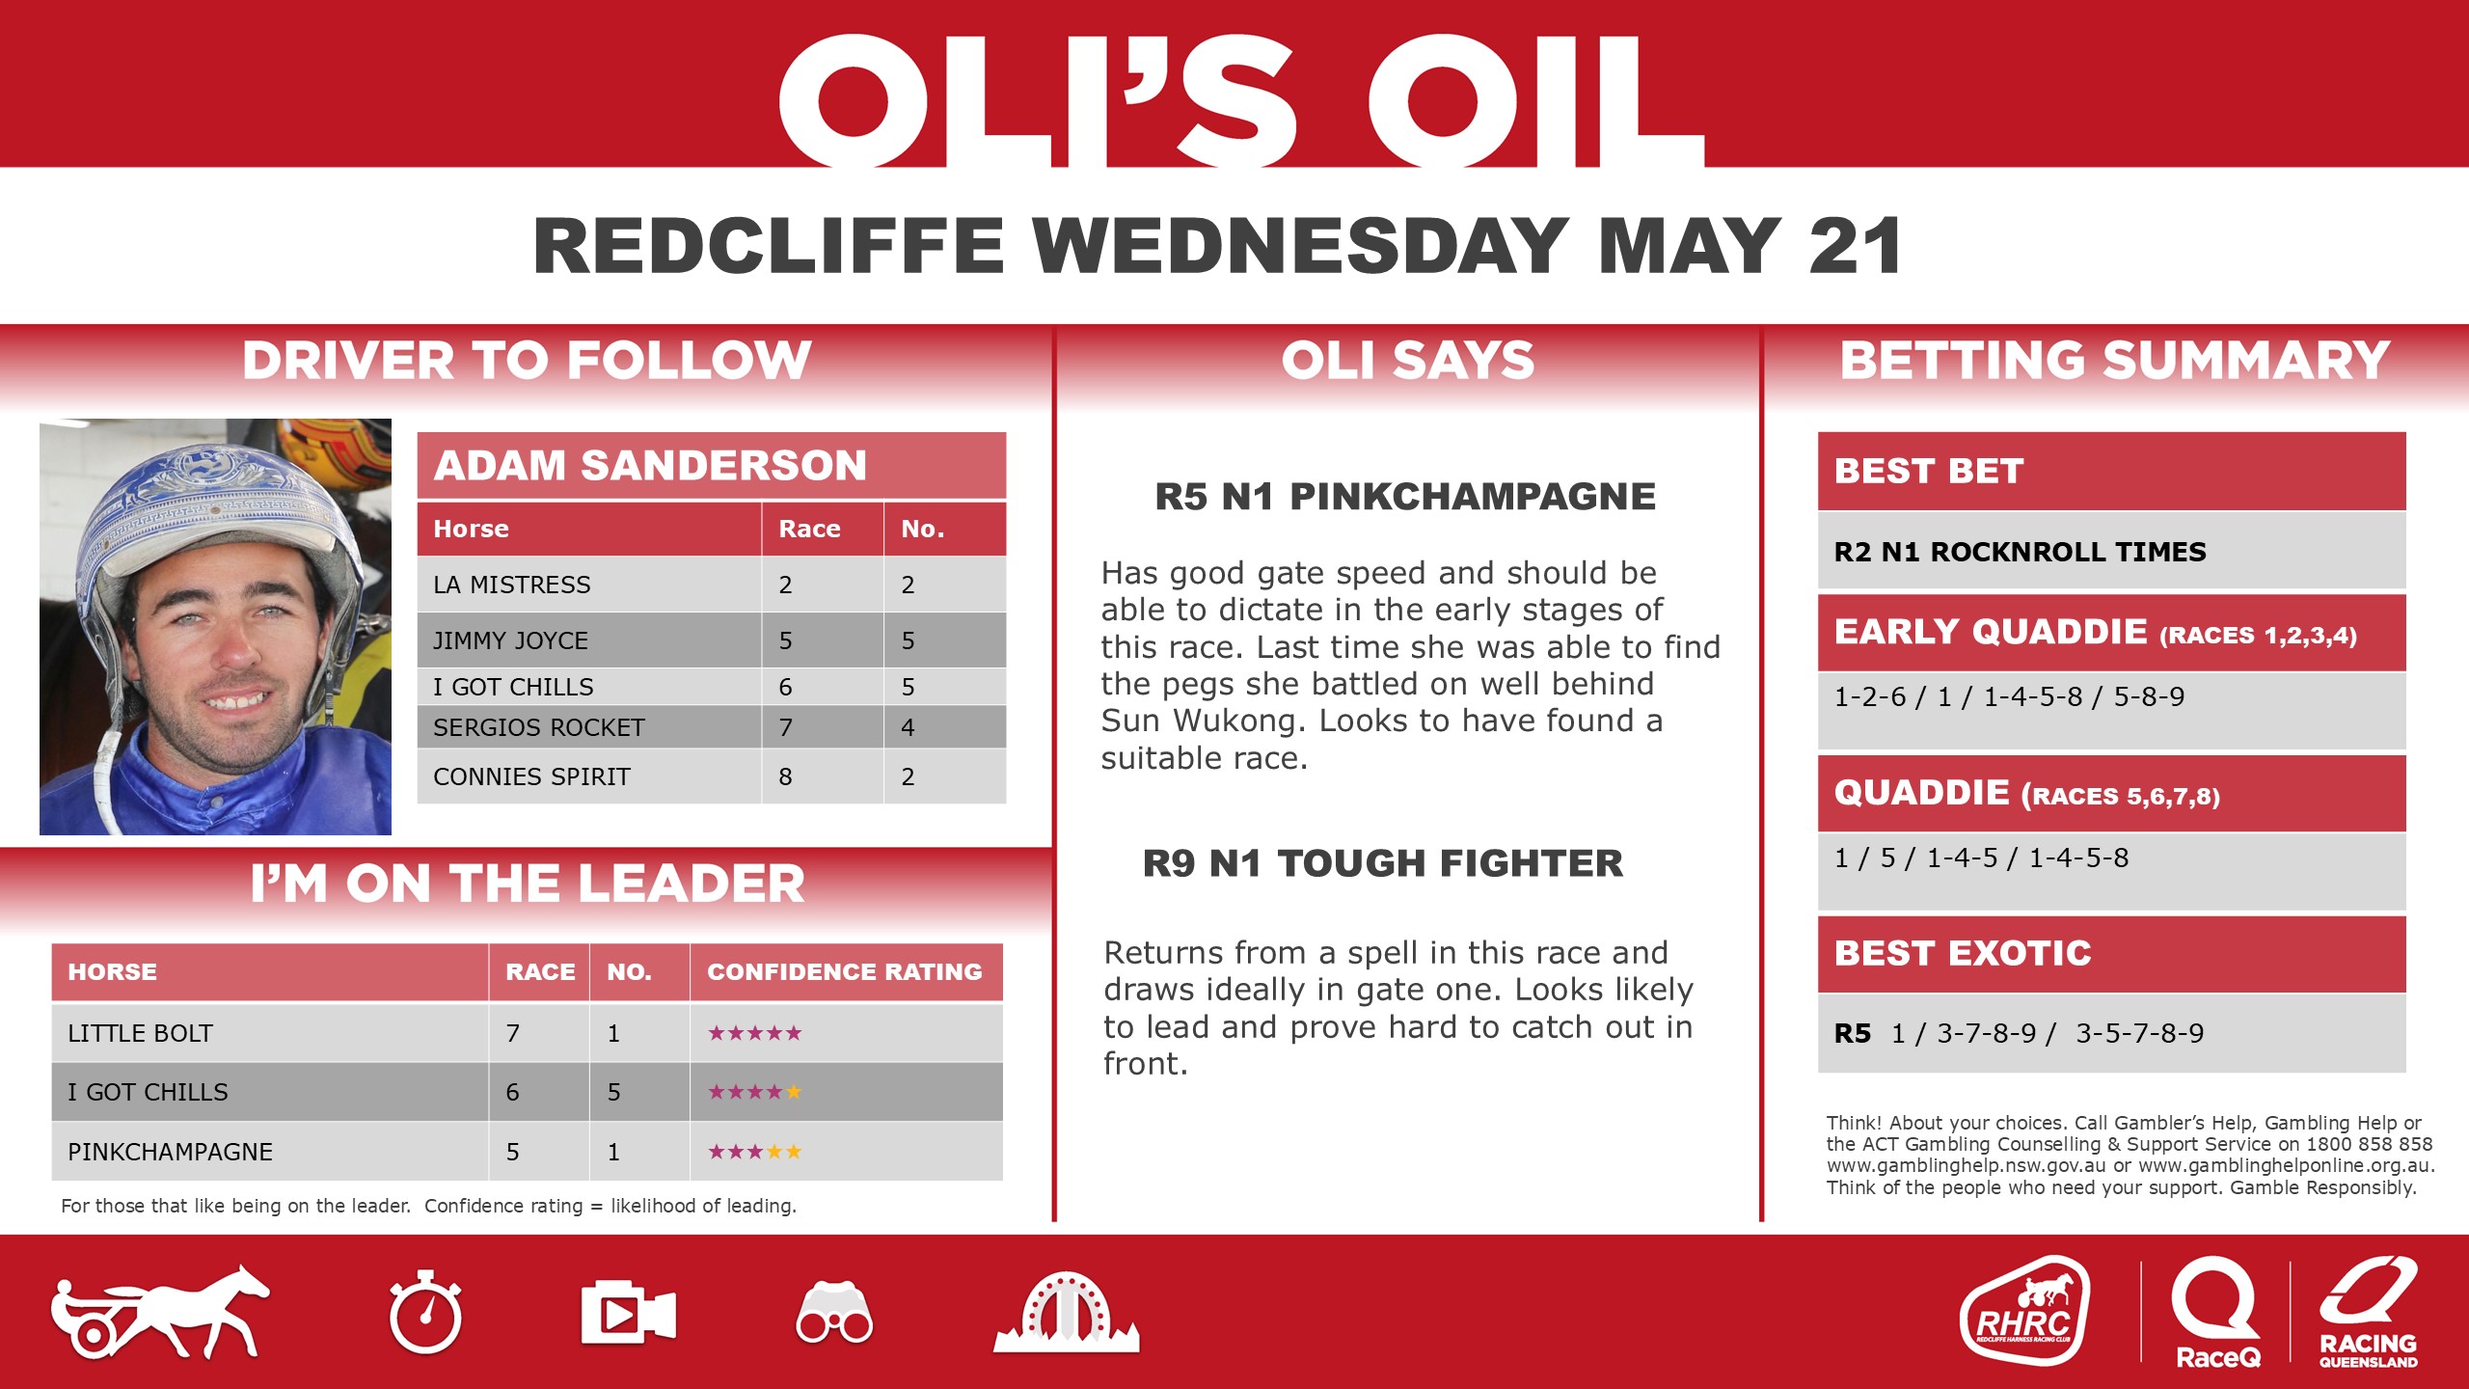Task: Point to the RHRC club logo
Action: [x=2024, y=1312]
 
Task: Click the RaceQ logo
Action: [x=2216, y=1312]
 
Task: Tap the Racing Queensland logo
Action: [x=2368, y=1312]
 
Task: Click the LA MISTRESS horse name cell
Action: [x=512, y=585]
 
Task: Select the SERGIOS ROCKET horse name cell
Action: [x=538, y=727]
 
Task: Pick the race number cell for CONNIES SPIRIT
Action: [x=786, y=776]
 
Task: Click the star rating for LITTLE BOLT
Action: [x=754, y=1033]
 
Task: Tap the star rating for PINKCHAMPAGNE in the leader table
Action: [x=754, y=1152]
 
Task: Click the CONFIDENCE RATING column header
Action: [x=845, y=971]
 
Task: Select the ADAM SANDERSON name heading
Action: [x=651, y=466]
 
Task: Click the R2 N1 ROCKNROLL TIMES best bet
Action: [x=2020, y=552]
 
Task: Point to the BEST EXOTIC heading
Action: [x=1963, y=953]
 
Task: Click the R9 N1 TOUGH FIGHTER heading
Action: [x=1382, y=863]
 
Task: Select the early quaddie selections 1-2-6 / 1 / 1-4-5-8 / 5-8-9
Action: [x=2009, y=696]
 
